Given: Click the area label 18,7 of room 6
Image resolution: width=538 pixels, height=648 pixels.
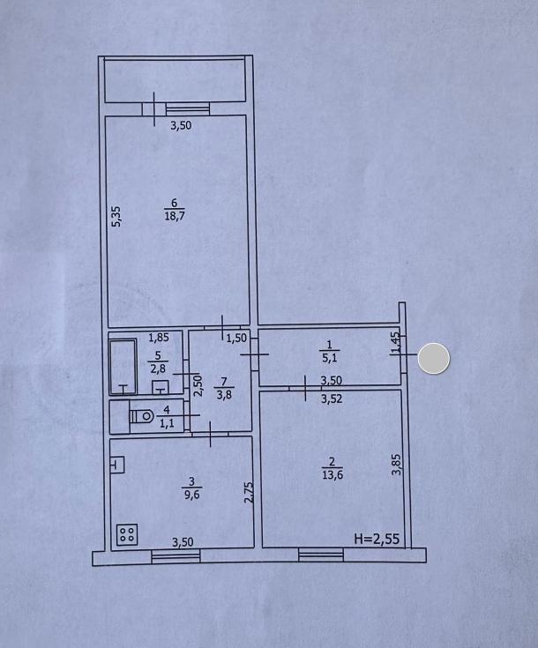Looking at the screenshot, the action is coord(175,216).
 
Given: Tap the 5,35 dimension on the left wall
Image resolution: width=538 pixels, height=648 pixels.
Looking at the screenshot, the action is coord(117,216).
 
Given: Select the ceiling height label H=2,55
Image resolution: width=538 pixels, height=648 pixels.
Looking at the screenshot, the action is coord(377,539).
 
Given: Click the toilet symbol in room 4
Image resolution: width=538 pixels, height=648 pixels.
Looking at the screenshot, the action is coord(141,416).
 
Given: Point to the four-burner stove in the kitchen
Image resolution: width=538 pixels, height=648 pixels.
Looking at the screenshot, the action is coord(127,534).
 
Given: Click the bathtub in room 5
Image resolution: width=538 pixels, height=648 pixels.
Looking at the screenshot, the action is coord(123,368).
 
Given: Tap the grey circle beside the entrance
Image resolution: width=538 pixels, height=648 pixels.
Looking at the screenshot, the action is coord(433,358).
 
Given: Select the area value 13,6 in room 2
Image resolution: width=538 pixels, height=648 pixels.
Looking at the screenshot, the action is coord(333,475).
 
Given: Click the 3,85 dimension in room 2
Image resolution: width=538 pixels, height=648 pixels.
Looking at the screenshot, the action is coord(397,465).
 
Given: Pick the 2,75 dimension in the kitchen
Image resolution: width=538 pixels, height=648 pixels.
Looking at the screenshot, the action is coord(249,493).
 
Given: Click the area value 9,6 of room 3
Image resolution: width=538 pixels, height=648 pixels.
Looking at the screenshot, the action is coord(192,495).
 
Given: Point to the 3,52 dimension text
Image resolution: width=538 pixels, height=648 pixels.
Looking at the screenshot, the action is coord(332,398).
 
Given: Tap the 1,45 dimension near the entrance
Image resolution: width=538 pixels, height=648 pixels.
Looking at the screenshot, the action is coord(396,343).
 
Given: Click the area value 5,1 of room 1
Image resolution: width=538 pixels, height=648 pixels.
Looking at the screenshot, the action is coord(330,357).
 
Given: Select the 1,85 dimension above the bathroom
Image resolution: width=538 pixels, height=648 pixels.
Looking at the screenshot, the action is coord(159,338).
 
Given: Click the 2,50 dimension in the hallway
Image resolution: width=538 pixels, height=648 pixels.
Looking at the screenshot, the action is coord(198,385).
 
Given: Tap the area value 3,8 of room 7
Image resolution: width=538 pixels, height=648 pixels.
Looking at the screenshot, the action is coord(225,394).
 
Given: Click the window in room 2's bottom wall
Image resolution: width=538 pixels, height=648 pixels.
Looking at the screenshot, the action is coord(321,555).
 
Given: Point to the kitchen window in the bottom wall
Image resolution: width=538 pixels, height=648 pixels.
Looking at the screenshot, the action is coord(176,556).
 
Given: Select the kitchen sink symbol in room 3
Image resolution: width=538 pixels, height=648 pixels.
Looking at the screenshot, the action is coord(117,465).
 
